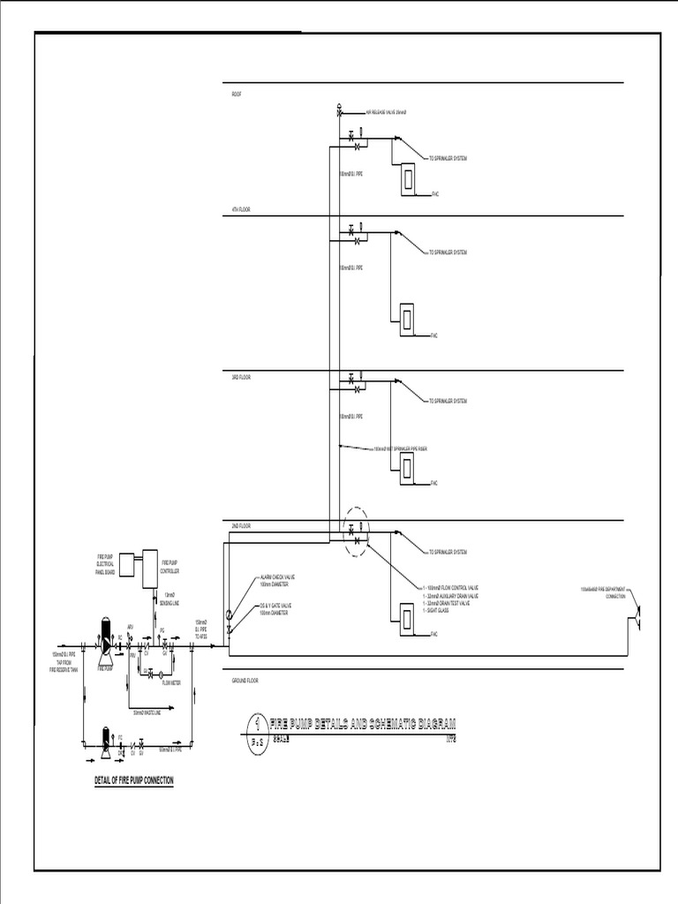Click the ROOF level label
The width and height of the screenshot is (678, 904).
pyautogui.click(x=237, y=93)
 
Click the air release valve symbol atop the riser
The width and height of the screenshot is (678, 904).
pyautogui.click(x=340, y=112)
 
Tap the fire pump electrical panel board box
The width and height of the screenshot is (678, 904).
pyautogui.click(x=126, y=562)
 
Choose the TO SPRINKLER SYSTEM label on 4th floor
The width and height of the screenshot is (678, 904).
pyautogui.click(x=448, y=252)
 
